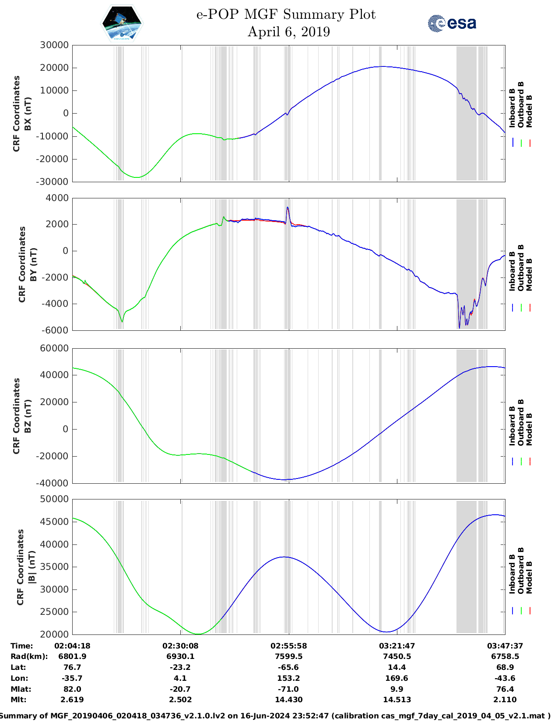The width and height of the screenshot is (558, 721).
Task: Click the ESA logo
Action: click(x=452, y=23)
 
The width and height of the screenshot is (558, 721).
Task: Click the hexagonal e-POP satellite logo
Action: click(x=122, y=23)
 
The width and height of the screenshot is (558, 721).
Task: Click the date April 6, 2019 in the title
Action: click(x=288, y=32)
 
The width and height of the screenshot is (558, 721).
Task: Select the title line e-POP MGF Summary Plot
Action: click(x=286, y=14)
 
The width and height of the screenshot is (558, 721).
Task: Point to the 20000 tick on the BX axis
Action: click(x=54, y=68)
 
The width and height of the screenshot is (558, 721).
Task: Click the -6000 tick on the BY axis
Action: click(x=55, y=330)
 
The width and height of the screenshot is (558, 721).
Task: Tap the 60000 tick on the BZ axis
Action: click(x=54, y=348)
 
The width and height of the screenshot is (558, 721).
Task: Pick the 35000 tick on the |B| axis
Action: click(x=54, y=567)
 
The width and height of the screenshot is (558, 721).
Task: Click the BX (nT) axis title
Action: click(x=28, y=114)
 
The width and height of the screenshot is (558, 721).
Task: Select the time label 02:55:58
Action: click(x=288, y=646)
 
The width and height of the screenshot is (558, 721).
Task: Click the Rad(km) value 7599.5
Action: click(x=288, y=656)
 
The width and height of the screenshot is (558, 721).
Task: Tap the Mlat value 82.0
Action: click(x=72, y=689)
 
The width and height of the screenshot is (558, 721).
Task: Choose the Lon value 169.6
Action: click(x=397, y=678)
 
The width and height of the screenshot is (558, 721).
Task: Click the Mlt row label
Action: click(x=18, y=700)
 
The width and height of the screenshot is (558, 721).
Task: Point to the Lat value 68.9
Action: click(x=505, y=667)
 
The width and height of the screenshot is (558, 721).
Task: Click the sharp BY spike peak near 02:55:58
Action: click(x=288, y=208)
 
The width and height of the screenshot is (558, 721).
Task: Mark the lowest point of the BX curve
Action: click(x=137, y=177)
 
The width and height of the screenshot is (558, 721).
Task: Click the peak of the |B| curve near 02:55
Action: click(x=284, y=557)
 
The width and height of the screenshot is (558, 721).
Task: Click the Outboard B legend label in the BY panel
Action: click(x=521, y=267)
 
